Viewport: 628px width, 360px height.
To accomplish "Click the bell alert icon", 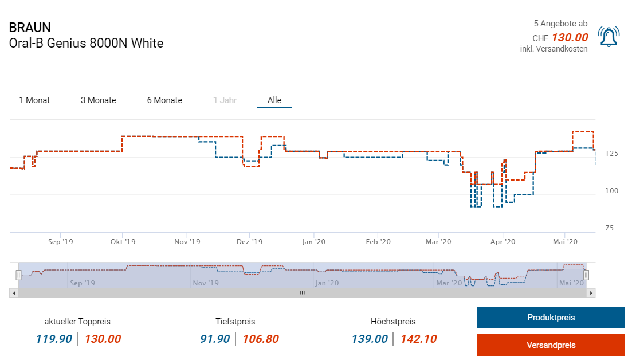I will coord(608,37).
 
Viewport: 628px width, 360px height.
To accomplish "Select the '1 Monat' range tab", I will coord(34,100).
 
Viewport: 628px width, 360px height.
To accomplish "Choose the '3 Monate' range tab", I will coord(98,100).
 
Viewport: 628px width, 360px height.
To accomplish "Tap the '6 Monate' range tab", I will coord(164,100).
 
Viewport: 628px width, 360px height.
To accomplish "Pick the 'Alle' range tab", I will coord(274,100).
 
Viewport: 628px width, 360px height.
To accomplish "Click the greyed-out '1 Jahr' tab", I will coord(225,100).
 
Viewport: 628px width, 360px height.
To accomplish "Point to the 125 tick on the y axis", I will coord(611,154).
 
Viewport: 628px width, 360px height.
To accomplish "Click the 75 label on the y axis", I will coord(609,228).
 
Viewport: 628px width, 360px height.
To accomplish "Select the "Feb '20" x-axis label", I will coord(378,242).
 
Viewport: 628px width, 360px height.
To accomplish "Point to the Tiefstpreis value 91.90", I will coord(215,339).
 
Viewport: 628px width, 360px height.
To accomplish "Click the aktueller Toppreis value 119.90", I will coord(54,339).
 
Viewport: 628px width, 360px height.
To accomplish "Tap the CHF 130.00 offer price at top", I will coord(570,38).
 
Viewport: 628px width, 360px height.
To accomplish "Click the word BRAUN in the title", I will coord(30,28).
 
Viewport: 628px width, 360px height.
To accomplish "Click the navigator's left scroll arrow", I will coord(13,292).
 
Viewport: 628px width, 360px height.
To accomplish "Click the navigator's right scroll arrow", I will coord(592,292).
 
